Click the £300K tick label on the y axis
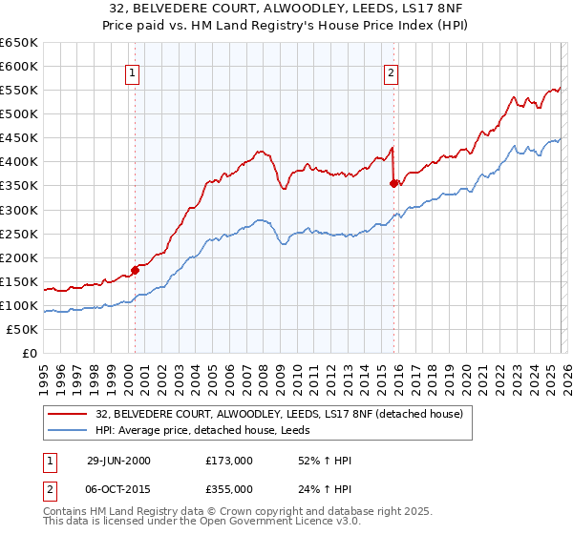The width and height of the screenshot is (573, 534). [x=19, y=210]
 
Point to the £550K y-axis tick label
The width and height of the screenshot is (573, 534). [x=19, y=90]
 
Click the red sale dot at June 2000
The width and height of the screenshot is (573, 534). [x=136, y=270]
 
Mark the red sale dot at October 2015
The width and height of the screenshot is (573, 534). [x=393, y=183]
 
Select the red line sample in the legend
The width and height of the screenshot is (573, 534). [x=67, y=414]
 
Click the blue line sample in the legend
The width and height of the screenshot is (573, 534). [x=67, y=430]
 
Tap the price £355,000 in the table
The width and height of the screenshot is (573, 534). [x=229, y=488]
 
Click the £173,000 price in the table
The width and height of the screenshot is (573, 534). [x=229, y=461]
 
